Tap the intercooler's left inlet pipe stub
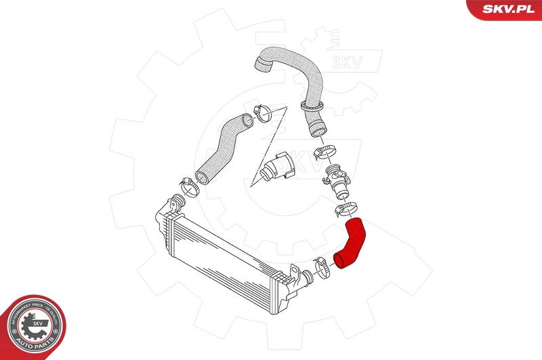pyautogui.click(x=176, y=201)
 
